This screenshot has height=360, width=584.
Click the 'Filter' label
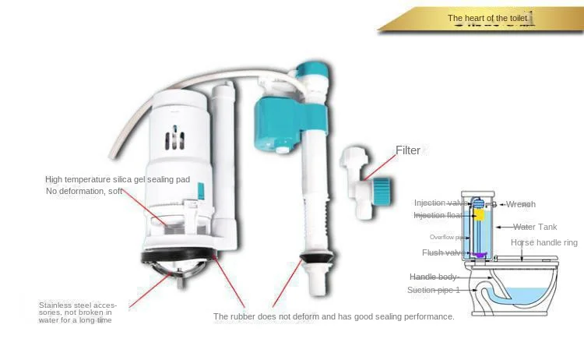[408, 151]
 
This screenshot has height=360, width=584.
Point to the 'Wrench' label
[520, 204]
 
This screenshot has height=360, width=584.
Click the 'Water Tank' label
[535, 228]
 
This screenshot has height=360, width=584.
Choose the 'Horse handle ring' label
[544, 243]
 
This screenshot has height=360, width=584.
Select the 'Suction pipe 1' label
[434, 290]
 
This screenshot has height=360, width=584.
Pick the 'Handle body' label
[434, 277]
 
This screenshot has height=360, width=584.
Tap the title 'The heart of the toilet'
[487, 17]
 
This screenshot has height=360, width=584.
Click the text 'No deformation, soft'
[84, 191]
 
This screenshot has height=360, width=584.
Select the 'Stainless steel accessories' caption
[76, 312]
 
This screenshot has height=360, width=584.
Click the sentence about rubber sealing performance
[333, 316]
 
